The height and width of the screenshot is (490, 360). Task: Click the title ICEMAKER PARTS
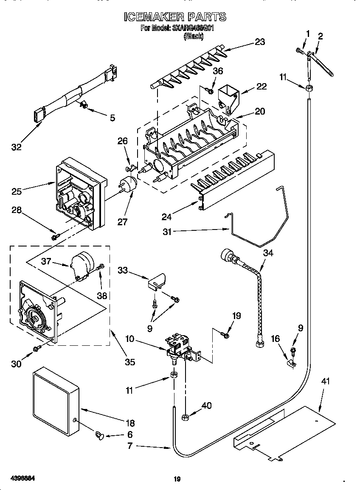pos(175,17)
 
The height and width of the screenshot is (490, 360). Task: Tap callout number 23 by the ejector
pos(259,42)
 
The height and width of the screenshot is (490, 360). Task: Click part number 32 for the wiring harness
pos(17,147)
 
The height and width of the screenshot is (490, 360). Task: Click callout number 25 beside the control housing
pos(17,191)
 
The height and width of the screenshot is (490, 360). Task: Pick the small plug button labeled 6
pos(100,434)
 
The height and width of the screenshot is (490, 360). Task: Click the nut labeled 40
pos(185,417)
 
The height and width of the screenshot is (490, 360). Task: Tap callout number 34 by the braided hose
pos(268,253)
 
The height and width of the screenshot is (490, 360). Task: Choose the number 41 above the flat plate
pos(325,381)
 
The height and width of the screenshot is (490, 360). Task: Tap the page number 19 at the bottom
pos(177,479)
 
